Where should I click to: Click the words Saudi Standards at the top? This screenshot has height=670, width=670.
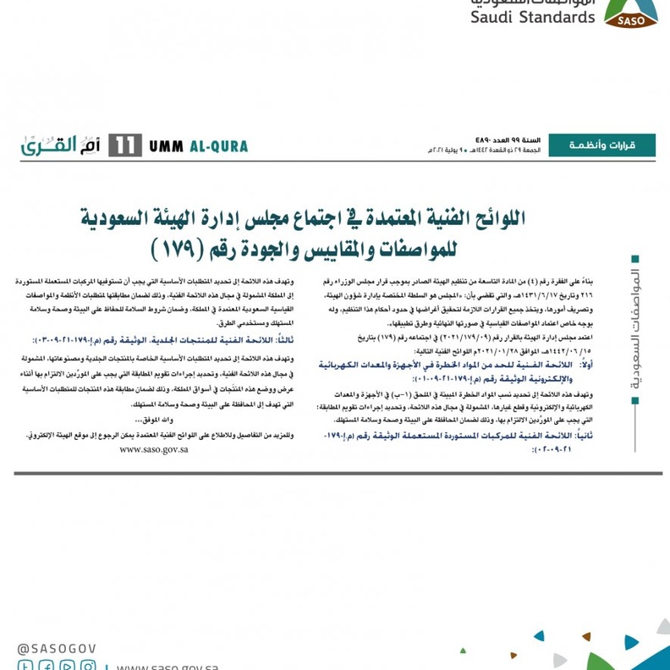click(x=533, y=16)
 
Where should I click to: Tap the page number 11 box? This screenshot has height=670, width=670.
click(x=124, y=146)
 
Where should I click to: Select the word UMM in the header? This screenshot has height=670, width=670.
click(x=166, y=146)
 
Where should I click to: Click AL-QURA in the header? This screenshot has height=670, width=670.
click(x=217, y=146)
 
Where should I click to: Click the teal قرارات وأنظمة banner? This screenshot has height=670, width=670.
click(x=601, y=146)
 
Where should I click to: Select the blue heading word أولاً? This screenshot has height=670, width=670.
click(x=585, y=365)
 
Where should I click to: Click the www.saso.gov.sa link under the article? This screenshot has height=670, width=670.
click(x=154, y=449)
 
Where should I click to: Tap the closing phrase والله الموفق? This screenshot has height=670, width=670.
click(x=152, y=420)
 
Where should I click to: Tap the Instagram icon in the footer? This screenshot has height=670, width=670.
click(x=87, y=666)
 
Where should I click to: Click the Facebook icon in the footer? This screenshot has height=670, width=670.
click(x=46, y=666)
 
